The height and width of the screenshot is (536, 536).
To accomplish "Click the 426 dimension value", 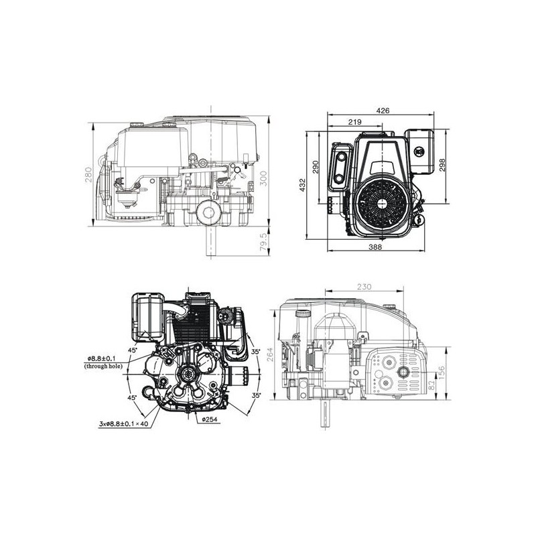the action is [383, 111].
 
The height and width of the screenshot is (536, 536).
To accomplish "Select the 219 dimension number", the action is [354, 122].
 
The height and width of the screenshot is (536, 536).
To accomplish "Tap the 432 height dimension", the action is [303, 185].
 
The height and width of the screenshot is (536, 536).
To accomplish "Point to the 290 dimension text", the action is [316, 167].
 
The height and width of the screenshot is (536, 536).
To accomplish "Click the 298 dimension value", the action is [442, 165].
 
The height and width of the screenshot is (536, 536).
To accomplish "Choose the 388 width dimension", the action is [375, 247].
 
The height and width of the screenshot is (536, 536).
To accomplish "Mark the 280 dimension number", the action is [89, 175].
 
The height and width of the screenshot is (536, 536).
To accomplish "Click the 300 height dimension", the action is [263, 178].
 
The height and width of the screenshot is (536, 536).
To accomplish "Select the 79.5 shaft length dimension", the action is [263, 242].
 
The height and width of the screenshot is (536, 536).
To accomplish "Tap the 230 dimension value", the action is [364, 287].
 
